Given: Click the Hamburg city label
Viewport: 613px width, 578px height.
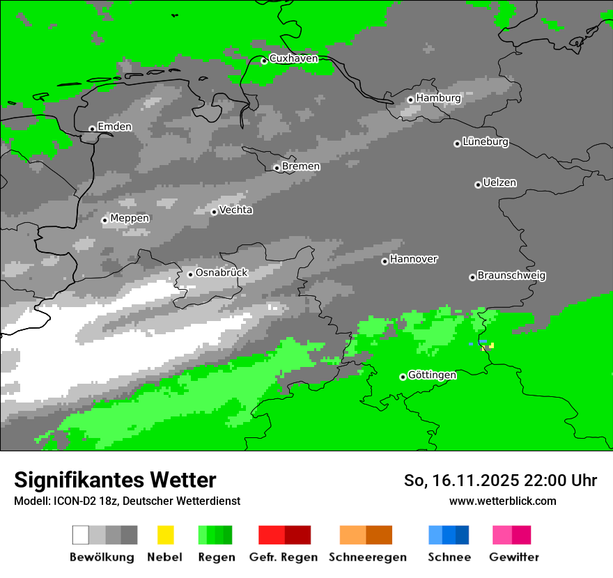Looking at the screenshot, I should pos(438,98).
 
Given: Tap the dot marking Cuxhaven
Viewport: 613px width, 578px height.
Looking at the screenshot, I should pos(264,61).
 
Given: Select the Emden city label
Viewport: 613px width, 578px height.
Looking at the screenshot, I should pos(114,127).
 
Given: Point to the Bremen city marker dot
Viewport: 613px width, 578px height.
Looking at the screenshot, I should pos(277,168).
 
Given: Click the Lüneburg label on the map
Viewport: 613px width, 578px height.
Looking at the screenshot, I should pos(485,142).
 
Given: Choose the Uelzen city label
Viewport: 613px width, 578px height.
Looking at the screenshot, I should pos(499,183).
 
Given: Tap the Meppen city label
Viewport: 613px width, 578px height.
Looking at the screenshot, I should pos(130,219).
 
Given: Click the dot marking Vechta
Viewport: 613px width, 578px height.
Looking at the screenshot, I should pos(214,212).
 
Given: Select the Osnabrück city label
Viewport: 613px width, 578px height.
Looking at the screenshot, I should pos(222,273).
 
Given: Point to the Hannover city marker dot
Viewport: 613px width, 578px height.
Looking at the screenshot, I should pos(385,261).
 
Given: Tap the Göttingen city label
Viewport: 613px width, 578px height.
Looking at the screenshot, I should pos(432,375).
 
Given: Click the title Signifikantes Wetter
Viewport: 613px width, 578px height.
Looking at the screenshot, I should pos(115,481).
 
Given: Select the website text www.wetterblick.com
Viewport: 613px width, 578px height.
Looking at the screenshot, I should pos(502,501).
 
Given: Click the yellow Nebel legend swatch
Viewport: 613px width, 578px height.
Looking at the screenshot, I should pos(165,535).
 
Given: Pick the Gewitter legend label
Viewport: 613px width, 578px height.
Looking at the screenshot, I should pos(513,557).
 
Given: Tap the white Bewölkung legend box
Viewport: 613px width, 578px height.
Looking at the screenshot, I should pos(81,535).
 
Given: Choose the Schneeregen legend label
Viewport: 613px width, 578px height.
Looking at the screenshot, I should pos(367,557).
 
